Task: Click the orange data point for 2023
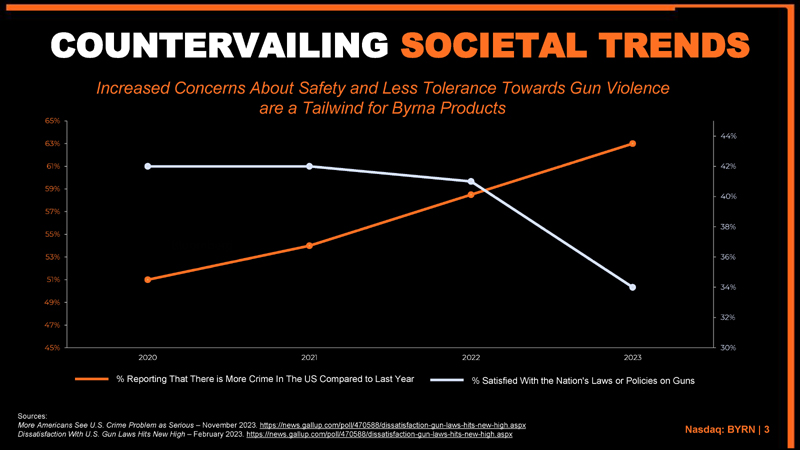pyautogui.click(x=632, y=144)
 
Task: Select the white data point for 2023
pyautogui.click(x=632, y=288)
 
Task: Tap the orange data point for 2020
pyautogui.click(x=148, y=279)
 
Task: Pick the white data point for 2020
pyautogui.click(x=148, y=166)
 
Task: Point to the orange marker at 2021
pyautogui.click(x=309, y=245)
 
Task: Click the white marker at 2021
pyautogui.click(x=309, y=166)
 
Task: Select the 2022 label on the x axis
pyautogui.click(x=471, y=357)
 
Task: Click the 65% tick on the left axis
pyautogui.click(x=52, y=121)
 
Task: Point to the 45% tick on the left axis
pyautogui.click(x=52, y=348)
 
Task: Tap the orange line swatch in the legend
pyautogui.click(x=92, y=380)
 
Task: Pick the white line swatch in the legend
pyautogui.click(x=448, y=380)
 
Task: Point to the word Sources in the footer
pyautogui.click(x=34, y=415)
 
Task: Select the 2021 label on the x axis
pyautogui.click(x=309, y=357)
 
